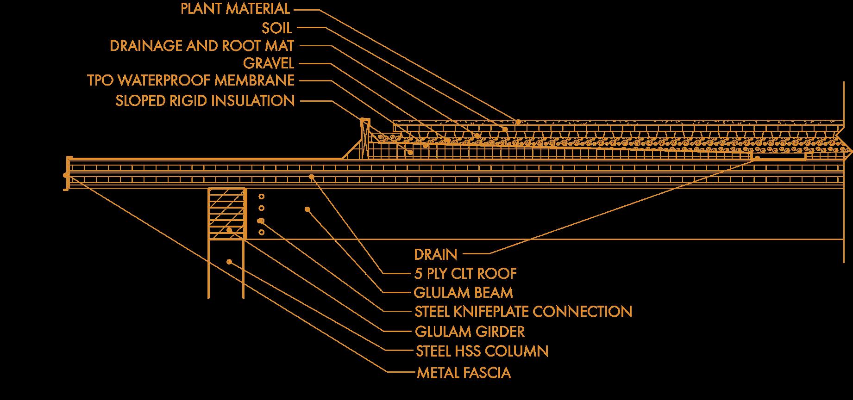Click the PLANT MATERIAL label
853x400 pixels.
coord(235,9)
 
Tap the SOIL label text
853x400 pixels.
coord(276,28)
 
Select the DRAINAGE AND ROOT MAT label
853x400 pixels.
coord(201,46)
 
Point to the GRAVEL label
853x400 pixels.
coord(268,63)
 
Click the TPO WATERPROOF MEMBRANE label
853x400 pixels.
coord(190,80)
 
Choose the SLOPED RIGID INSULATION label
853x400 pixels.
coord(205,100)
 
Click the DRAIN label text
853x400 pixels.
coord(435,254)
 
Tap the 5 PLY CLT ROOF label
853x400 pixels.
coord(465,274)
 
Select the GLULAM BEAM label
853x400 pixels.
coord(463,293)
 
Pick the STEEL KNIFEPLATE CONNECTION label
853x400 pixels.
coord(523,312)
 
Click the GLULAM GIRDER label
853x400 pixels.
coord(470,332)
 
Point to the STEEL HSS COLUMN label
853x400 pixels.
coord(482,351)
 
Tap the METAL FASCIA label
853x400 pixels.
coord(464,373)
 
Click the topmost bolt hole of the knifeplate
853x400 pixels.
coord(261,196)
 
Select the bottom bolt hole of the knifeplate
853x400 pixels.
coord(261,232)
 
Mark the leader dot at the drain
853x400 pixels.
coord(757,158)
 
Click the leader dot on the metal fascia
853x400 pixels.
coord(66,175)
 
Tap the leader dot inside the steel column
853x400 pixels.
coord(229,262)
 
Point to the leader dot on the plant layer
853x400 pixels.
coord(518,122)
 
